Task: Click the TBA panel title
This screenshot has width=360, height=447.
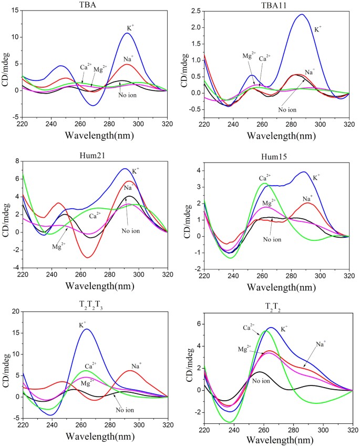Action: [95, 4]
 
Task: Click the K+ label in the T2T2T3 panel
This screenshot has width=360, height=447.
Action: [83, 326]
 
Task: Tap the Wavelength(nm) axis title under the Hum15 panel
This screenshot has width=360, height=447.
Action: [277, 287]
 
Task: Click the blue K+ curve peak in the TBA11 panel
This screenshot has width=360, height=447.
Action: [301, 15]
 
